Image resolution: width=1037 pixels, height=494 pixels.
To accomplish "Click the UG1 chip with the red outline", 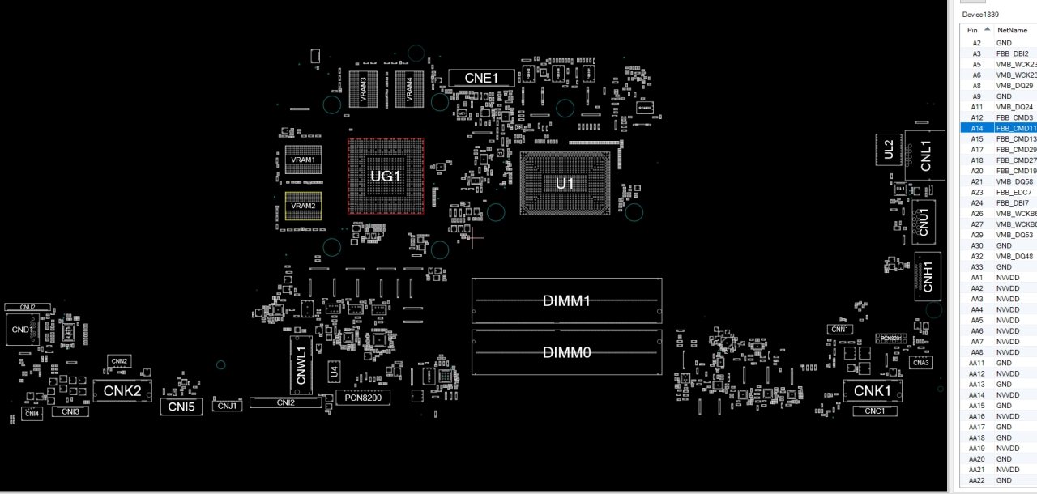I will pyautogui.click(x=386, y=176).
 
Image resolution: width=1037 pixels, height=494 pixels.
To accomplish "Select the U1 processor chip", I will pyautogui.click(x=565, y=184).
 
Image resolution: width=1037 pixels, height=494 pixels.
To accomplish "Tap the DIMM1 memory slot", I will pyautogui.click(x=566, y=301).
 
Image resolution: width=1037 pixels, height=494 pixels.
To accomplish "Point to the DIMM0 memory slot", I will pyautogui.click(x=566, y=352).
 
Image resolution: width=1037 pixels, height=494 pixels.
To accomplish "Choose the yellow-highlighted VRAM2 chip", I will pyautogui.click(x=304, y=207).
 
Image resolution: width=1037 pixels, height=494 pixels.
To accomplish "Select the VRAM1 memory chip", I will pyautogui.click(x=304, y=160).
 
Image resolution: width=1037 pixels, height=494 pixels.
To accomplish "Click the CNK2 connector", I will pyautogui.click(x=123, y=391).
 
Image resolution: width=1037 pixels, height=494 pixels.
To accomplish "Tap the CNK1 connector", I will pyautogui.click(x=873, y=391).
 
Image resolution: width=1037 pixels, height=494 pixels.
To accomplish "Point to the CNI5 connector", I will pyautogui.click(x=181, y=407).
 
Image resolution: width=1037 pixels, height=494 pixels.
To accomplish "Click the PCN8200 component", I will pyautogui.click(x=362, y=398).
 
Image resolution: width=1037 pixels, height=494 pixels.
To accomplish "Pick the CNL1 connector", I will pyautogui.click(x=926, y=155).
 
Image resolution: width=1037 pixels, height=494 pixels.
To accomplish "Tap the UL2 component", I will pyautogui.click(x=889, y=149).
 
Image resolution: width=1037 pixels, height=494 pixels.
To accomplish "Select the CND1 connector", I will pyautogui.click(x=23, y=330).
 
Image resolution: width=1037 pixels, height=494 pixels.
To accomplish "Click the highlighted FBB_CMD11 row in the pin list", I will pyautogui.click(x=998, y=128).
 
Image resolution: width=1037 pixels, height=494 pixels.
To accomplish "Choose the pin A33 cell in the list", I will pyautogui.click(x=976, y=266).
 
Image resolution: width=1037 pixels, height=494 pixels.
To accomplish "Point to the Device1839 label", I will pyautogui.click(x=980, y=15).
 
